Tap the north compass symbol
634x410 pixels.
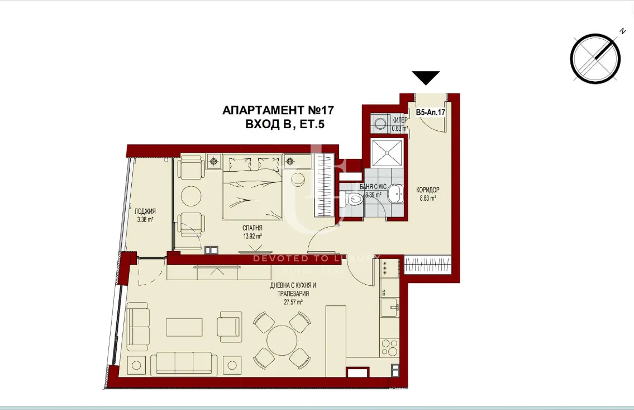(x=595, y=59)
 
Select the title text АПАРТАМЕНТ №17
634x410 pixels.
(x=278, y=110)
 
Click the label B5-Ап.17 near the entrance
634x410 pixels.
(x=430, y=112)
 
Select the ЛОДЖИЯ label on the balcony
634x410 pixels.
(x=145, y=211)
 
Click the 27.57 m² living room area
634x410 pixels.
(x=289, y=301)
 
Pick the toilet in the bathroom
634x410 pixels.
(x=353, y=199)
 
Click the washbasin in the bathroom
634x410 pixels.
(x=395, y=193)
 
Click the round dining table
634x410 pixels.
(x=282, y=338)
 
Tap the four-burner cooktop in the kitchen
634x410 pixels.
(x=384, y=270)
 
